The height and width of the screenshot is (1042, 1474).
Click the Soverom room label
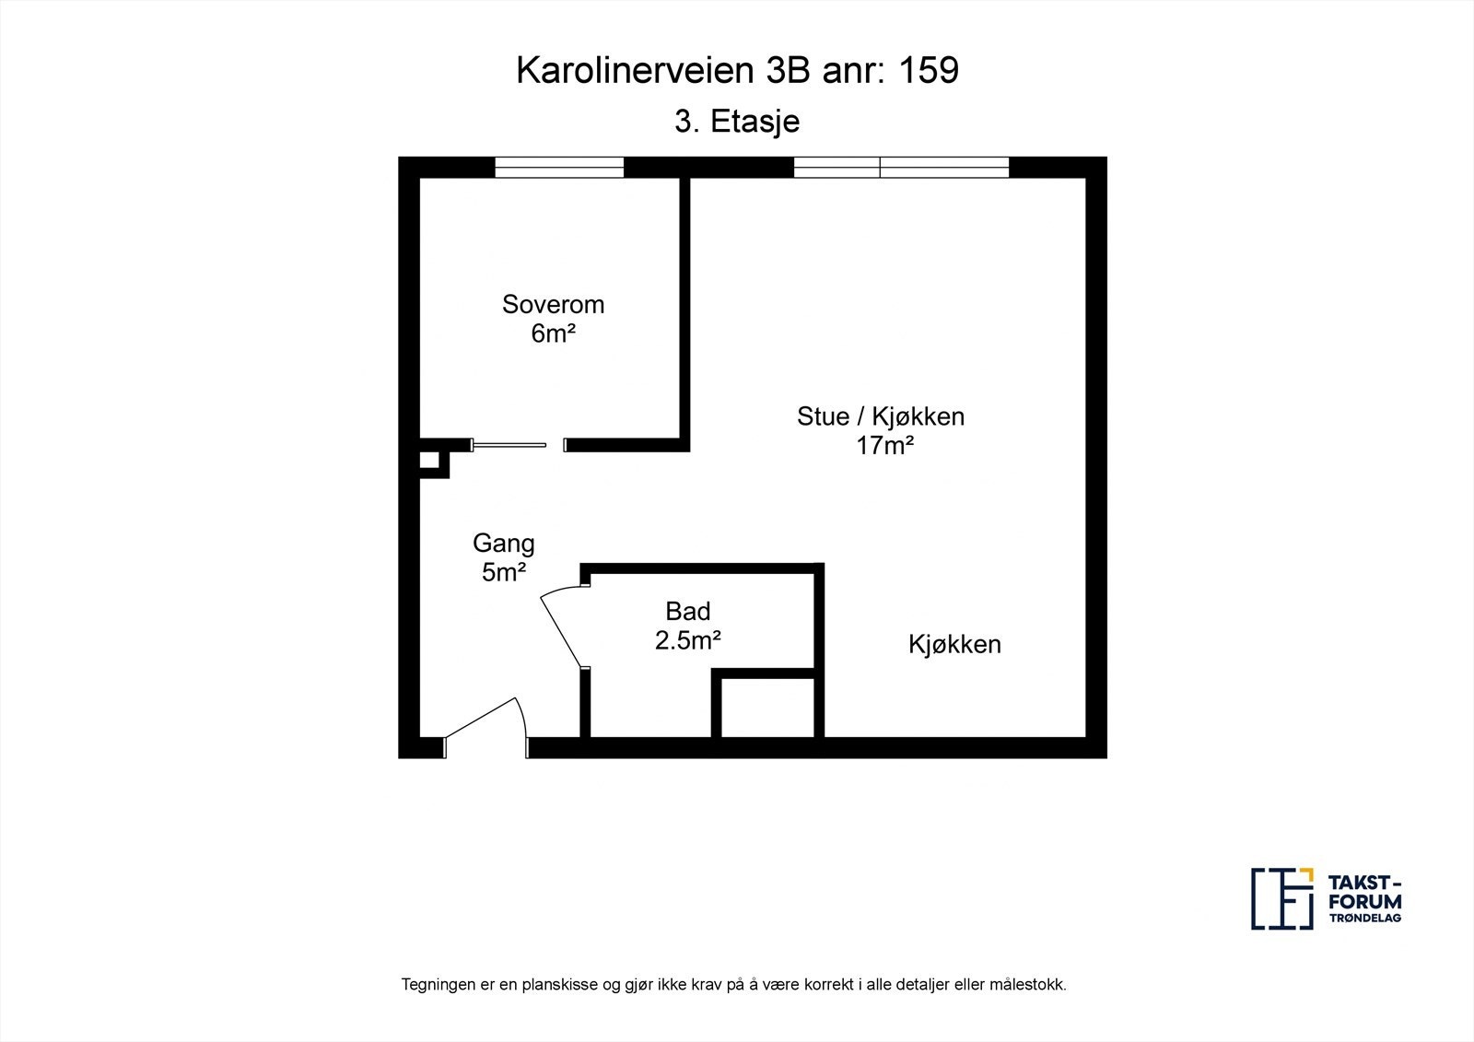click(x=553, y=304)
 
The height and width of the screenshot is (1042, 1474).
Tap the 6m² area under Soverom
click(x=553, y=334)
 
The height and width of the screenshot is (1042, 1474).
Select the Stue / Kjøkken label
click(x=880, y=416)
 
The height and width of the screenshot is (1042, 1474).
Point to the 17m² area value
click(x=884, y=446)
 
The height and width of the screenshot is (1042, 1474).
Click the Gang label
click(x=503, y=544)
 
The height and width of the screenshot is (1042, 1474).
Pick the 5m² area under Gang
click(x=503, y=572)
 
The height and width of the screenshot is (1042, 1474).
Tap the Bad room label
click(x=687, y=611)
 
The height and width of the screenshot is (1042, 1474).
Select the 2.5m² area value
click(x=687, y=639)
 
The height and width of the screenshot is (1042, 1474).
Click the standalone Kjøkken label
click(x=954, y=644)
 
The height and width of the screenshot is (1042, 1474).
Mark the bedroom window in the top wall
click(x=559, y=167)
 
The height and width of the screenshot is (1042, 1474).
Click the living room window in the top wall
click(x=901, y=167)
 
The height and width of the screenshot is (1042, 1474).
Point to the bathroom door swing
click(x=560, y=626)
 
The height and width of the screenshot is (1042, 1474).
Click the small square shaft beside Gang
click(x=429, y=461)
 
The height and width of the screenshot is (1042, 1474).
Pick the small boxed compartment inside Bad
click(x=767, y=708)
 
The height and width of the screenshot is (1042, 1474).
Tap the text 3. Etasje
click(x=737, y=122)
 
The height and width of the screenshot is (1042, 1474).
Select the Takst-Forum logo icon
click(x=1281, y=898)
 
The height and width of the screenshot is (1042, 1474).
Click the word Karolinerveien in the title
click(x=635, y=70)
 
